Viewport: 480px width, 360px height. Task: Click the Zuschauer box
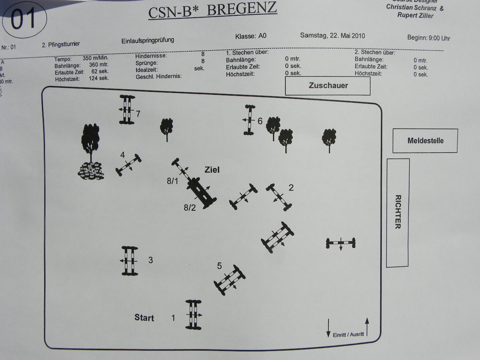(x=328, y=86)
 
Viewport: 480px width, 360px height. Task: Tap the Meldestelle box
(x=425, y=141)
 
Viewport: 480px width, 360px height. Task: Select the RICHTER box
(x=398, y=212)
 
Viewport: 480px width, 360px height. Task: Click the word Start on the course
(x=144, y=318)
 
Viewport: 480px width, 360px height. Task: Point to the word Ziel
(x=212, y=170)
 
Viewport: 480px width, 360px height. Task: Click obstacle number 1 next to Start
(x=193, y=315)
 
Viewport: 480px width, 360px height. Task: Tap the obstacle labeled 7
(x=127, y=109)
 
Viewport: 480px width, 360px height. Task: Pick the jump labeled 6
(x=248, y=120)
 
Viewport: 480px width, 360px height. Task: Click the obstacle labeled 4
(x=128, y=165)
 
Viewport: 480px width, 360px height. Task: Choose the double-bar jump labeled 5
(x=229, y=279)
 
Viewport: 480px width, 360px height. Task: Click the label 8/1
(x=172, y=181)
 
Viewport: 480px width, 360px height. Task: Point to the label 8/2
(x=190, y=208)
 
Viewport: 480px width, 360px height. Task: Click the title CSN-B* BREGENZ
(x=213, y=10)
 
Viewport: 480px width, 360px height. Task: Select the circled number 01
(x=24, y=19)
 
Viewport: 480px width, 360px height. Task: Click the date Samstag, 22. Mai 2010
(x=332, y=36)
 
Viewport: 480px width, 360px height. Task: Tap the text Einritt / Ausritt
(x=348, y=334)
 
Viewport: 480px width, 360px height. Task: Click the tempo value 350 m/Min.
(x=95, y=58)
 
